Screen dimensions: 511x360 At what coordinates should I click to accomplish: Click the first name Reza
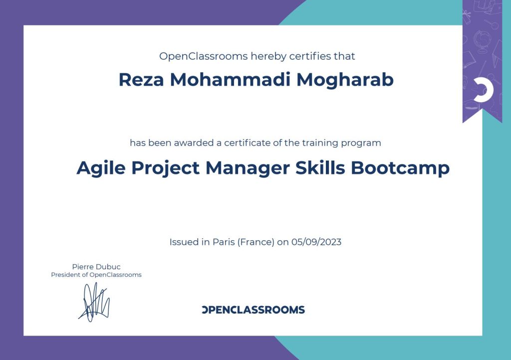coord(141,80)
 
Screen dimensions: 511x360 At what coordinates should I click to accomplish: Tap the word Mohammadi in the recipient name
coord(230,79)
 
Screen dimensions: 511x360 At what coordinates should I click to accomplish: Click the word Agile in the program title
coord(101,169)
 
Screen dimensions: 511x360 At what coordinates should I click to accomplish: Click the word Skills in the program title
coord(320,168)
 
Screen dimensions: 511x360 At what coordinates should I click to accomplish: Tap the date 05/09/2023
coord(316,242)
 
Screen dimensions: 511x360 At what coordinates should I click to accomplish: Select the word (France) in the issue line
coord(256,242)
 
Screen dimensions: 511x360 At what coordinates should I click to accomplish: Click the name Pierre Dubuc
coord(96,267)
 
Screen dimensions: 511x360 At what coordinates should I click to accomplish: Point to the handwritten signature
coord(94,302)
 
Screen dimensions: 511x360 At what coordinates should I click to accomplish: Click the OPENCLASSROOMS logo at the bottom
coord(253,310)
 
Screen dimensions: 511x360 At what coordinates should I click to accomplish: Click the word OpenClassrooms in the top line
coord(204,56)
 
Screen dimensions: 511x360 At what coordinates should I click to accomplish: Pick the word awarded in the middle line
coord(194,143)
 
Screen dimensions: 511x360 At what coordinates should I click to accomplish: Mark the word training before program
coord(320,143)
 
